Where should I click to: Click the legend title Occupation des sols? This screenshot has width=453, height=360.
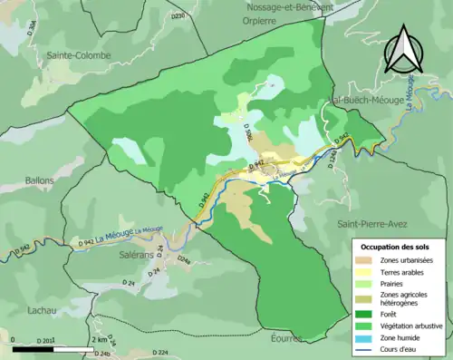(401, 248)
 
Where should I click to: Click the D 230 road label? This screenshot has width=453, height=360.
(178, 15)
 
